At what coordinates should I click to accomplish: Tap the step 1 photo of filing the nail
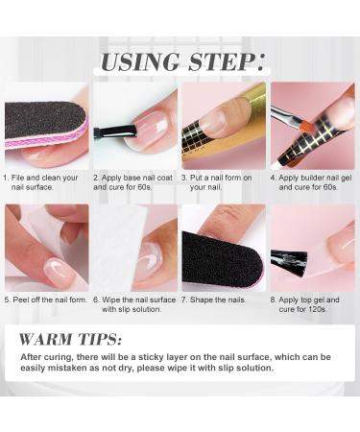[x=46, y=125]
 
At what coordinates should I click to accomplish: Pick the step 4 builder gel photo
[x=313, y=125]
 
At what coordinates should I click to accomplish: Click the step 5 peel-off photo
[x=46, y=248]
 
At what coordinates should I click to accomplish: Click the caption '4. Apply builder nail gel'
[x=313, y=182]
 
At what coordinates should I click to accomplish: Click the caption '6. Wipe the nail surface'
[x=134, y=303]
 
